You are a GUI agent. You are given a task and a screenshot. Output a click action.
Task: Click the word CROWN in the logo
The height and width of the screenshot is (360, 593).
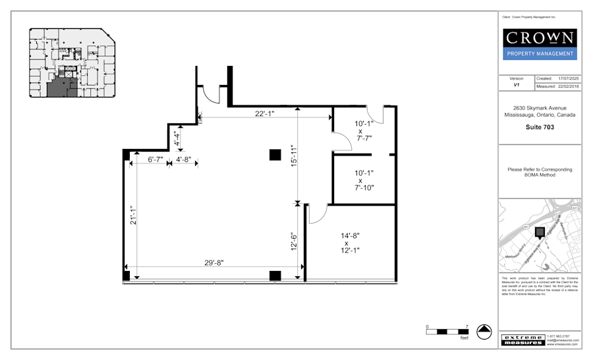coord(540,38)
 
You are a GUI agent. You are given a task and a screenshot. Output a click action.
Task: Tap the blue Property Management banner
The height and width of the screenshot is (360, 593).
coord(540,54)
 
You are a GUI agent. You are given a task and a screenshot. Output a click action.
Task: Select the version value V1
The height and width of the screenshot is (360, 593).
coord(517,86)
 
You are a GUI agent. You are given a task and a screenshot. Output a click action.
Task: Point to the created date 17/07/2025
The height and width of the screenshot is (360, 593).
coord(567,78)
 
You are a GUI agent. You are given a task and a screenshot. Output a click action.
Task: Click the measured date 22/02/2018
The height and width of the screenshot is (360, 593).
coord(567,86)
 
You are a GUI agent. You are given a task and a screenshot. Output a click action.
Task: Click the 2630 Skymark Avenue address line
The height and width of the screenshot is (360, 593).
coord(540,107)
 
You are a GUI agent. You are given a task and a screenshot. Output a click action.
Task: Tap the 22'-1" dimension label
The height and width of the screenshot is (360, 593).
coord(265,113)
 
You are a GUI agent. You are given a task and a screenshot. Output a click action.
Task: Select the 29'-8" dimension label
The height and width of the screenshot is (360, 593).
coord(214,262)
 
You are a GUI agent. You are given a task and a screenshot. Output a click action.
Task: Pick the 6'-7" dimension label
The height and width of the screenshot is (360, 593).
coord(155,160)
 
